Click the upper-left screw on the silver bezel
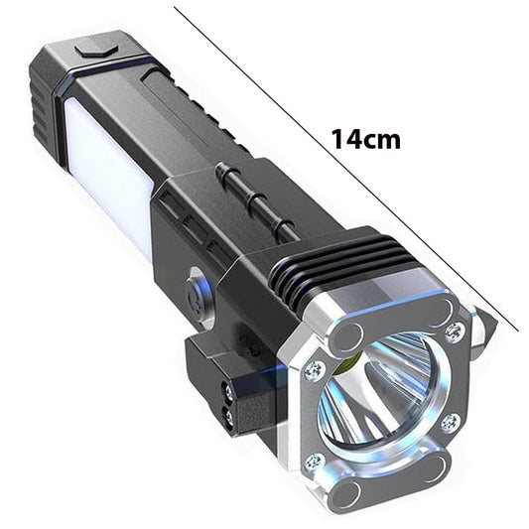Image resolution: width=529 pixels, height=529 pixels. pos(314,371)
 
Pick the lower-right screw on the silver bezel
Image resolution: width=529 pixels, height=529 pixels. pos(450,423)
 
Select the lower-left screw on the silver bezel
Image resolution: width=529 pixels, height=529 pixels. pos(315,462)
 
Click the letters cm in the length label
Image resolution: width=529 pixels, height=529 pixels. pos(383,139)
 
